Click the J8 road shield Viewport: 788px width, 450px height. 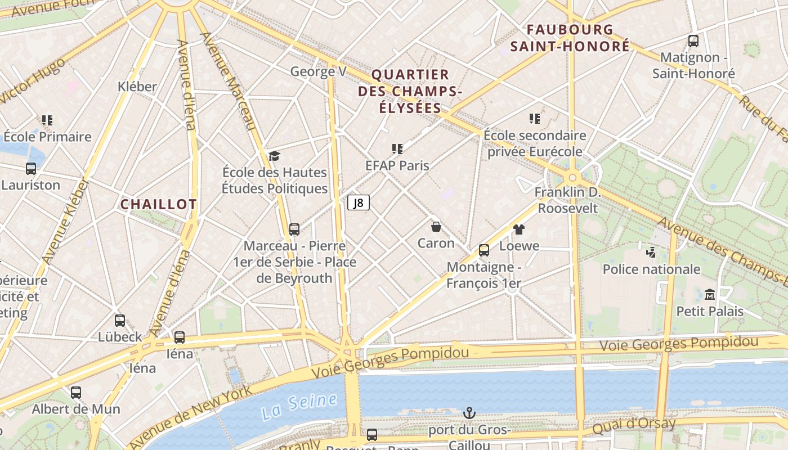(359, 202)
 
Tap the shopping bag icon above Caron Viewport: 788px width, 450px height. (436, 227)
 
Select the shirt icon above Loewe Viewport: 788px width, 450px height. (518, 229)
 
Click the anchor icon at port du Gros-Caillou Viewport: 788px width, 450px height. (469, 413)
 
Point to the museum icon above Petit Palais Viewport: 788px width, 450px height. (710, 294)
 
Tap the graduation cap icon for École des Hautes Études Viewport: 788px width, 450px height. (274, 156)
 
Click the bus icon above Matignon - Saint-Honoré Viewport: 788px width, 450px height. (693, 41)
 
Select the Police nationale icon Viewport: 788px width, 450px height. (651, 252)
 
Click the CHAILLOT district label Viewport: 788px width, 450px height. (159, 204)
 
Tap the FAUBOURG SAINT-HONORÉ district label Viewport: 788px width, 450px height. (570, 38)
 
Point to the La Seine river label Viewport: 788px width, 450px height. (299, 406)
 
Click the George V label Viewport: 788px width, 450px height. (318, 71)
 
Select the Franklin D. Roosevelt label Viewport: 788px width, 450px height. (568, 200)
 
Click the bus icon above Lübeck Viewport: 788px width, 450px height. (120, 321)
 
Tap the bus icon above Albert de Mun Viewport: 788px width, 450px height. (76, 392)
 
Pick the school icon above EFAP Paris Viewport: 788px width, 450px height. (397, 149)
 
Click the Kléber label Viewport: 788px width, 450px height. (137, 87)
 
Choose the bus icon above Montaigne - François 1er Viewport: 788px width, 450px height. (483, 250)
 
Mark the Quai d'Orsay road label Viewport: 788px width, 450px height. (634, 426)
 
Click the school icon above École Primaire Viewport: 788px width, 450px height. (47, 120)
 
